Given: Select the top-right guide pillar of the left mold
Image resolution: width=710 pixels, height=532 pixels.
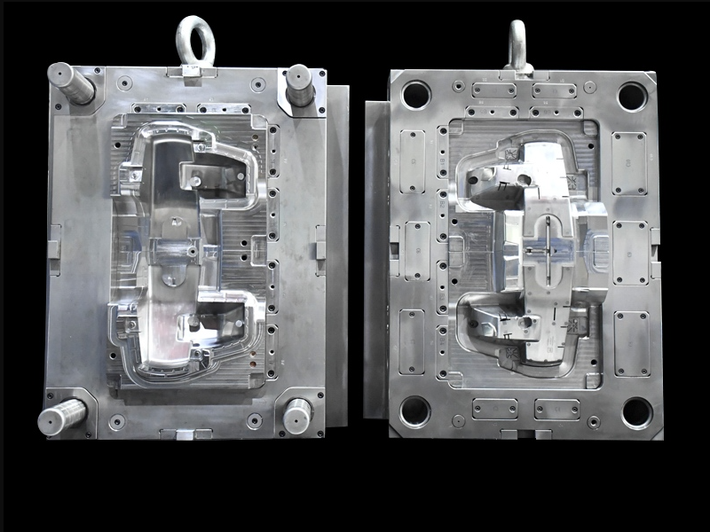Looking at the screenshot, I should point(299,85).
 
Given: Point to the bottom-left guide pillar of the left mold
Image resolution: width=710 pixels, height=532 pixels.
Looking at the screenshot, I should point(62,416).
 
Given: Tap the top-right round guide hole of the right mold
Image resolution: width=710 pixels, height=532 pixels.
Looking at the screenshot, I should point(633,96).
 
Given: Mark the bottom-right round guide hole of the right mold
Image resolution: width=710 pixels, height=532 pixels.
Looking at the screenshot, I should point(636,412).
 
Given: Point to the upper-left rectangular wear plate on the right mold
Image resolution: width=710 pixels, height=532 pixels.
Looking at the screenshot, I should point(413,161).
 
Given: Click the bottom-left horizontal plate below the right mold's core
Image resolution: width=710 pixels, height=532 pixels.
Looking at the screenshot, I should point(494,409).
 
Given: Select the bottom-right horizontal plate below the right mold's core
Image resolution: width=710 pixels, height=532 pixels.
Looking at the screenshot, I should point(556,409).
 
